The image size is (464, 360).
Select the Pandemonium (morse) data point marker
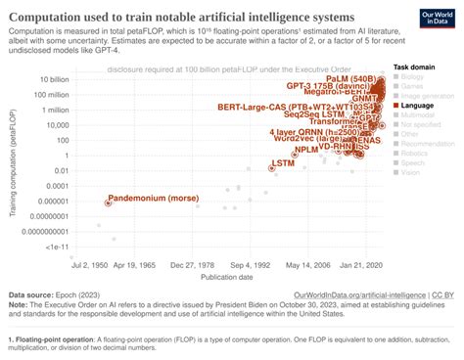(x=108, y=202)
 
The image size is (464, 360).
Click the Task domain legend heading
(x=415, y=66)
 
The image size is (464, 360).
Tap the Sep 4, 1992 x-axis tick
(x=255, y=264)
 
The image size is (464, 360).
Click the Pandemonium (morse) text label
(x=157, y=199)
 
